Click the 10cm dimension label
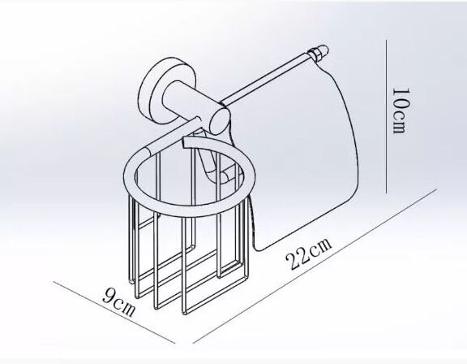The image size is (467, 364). pos(399,110)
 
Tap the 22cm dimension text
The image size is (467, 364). pos(309,253)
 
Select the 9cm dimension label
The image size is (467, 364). pos(118,302)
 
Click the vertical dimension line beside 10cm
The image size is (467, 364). pos(386,116)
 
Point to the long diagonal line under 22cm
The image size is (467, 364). pos(315,266)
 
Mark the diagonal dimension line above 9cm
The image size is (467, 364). pos(114,312)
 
